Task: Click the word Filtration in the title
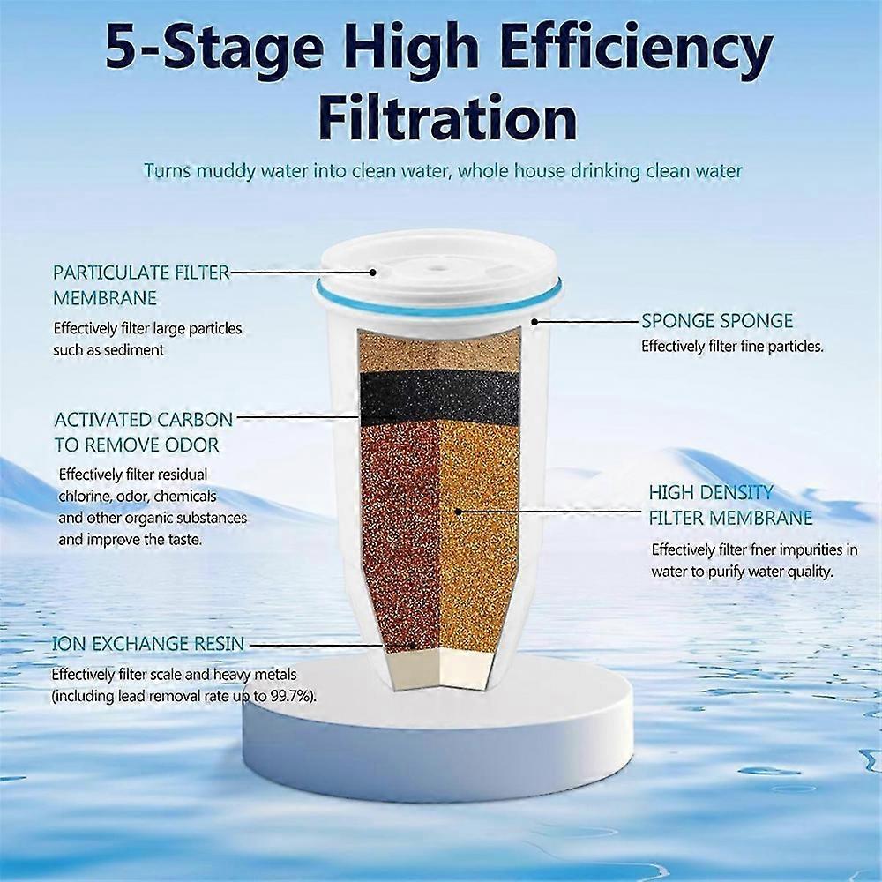[x=447, y=116]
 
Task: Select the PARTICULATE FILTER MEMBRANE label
[x=141, y=285]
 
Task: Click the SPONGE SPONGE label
[x=717, y=321]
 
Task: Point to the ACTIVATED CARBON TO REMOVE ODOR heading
[x=144, y=431]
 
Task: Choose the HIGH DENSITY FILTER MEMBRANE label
[x=730, y=505]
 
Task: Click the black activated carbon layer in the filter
[x=440, y=392]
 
